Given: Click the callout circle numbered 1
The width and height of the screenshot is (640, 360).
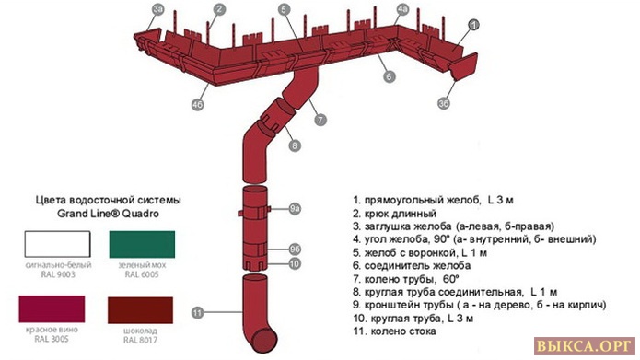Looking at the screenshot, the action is point(473,25).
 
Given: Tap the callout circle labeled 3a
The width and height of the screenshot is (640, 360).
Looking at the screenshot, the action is point(158,9).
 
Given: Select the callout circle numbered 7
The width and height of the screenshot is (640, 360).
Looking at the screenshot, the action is point(320,120).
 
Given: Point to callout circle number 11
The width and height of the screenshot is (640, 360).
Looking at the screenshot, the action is point(198,313).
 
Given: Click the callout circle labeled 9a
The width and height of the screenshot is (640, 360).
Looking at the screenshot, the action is point(295,209).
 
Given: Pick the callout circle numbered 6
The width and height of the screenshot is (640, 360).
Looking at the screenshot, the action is point(389,76).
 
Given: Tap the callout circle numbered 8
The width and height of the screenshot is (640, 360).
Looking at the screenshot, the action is point(295,145).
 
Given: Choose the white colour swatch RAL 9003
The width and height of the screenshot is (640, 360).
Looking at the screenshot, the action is point(57,244).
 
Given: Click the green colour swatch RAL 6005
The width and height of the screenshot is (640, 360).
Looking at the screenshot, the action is point(142,244).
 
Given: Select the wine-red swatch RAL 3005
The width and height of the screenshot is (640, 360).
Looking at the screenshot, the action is point(52,309).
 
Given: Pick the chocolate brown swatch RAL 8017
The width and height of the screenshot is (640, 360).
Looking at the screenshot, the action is point(140,310).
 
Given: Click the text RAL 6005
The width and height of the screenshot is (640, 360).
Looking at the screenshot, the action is point(142,274).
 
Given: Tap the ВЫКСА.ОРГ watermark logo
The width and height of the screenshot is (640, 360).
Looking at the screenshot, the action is point(585,346).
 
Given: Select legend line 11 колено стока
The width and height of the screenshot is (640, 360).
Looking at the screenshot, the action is point(394,331).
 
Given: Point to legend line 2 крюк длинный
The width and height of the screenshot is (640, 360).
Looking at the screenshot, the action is point(395,213).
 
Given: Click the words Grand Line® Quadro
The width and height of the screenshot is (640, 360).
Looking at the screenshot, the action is point(108,214).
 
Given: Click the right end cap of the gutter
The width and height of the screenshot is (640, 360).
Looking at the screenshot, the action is point(464,66).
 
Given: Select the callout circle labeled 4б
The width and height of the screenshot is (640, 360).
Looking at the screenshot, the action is point(198,104).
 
